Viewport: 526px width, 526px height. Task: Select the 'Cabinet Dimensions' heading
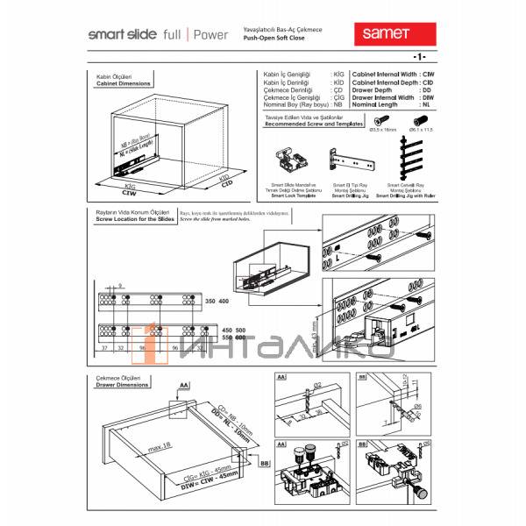tap(123, 84)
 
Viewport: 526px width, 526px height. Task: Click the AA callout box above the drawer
tap(184, 385)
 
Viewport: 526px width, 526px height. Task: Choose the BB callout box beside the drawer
tap(265, 461)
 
